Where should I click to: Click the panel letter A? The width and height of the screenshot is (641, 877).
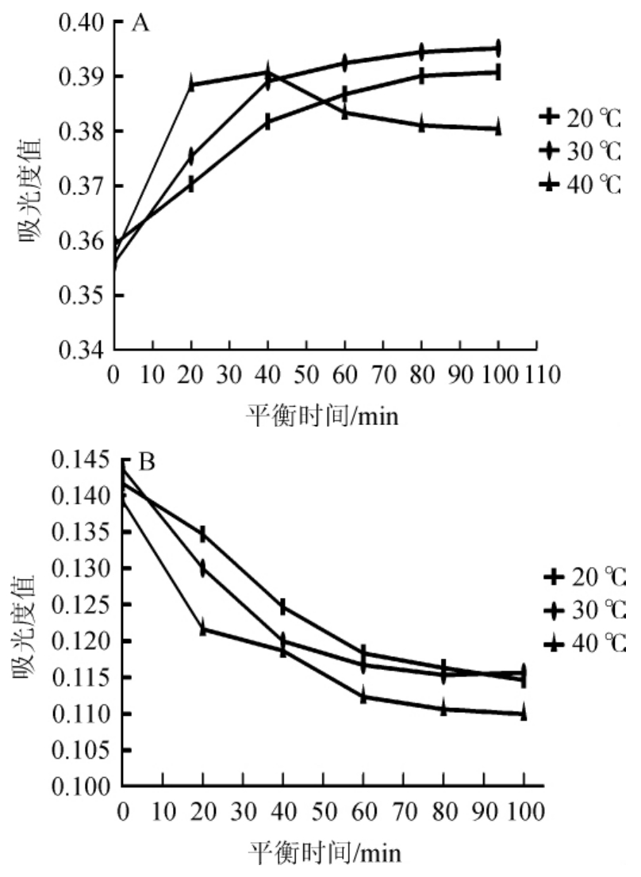click(140, 24)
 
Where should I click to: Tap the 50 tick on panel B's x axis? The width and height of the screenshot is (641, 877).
click(323, 811)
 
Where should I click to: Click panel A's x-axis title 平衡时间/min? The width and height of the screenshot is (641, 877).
click(322, 414)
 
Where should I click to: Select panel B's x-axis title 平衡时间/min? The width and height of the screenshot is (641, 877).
click(325, 853)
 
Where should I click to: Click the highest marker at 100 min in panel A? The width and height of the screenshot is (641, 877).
click(498, 48)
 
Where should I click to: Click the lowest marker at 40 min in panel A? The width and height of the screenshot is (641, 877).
click(268, 122)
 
